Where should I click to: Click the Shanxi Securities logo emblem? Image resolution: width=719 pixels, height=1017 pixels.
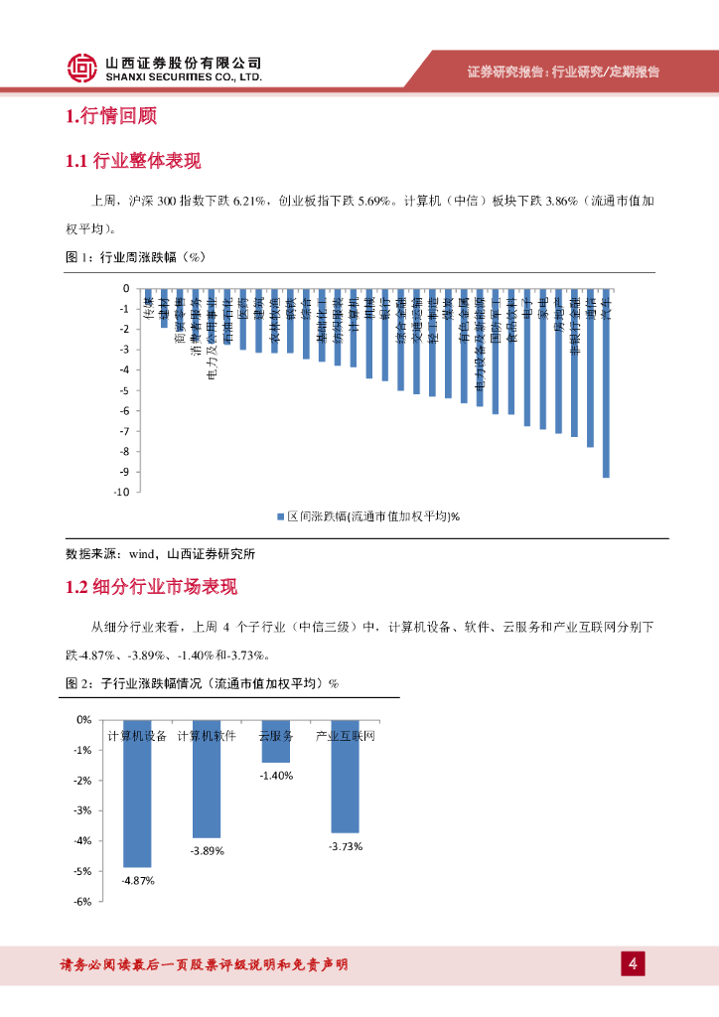point(82,68)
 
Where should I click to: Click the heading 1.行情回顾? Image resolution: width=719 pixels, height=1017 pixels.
point(110,116)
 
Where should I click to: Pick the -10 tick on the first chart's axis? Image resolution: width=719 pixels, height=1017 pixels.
point(123,492)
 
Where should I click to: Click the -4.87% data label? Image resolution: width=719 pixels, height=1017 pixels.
point(137,880)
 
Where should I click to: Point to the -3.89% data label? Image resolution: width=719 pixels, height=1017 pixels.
point(207,851)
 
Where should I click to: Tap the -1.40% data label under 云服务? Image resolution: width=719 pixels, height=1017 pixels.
point(276,776)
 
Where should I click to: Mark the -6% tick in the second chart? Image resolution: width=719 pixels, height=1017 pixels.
point(83,902)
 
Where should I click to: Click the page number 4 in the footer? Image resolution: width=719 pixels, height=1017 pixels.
point(632,963)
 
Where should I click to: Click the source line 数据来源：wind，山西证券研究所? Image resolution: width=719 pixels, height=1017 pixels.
point(159,553)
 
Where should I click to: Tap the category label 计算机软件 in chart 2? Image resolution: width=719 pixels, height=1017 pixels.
point(207,736)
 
